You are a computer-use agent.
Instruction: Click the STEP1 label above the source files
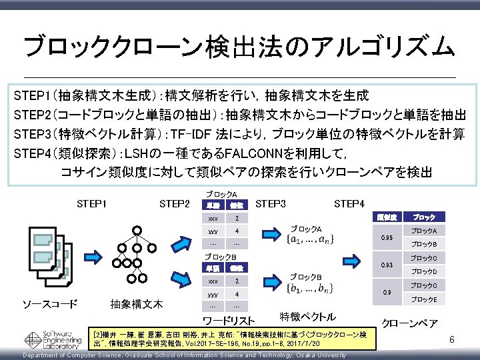point(95,203)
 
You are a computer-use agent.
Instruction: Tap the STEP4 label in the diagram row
point(349,203)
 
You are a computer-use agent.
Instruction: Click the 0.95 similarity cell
point(386,237)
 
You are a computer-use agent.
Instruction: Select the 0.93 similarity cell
point(386,265)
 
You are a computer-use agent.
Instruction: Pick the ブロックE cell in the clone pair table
point(423,299)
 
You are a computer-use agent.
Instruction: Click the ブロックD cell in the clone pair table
point(423,271)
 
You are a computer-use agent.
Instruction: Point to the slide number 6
point(451,340)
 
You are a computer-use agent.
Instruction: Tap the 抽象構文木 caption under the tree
point(136,305)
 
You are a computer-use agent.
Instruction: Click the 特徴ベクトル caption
point(308,316)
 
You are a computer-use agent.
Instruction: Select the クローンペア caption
point(409,323)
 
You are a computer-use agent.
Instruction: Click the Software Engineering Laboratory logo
point(51,339)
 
